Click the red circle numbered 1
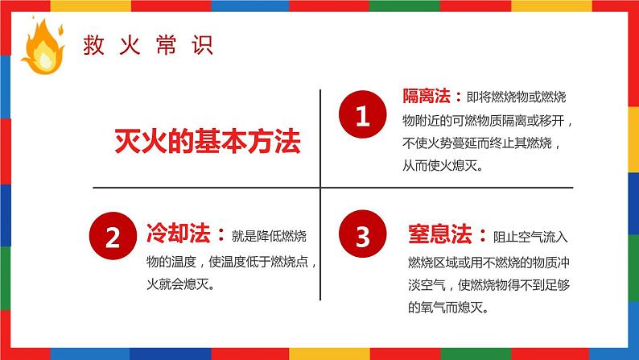[x=362, y=118]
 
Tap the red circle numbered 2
[x=113, y=236]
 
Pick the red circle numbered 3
[x=362, y=236]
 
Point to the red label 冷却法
[x=177, y=235]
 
